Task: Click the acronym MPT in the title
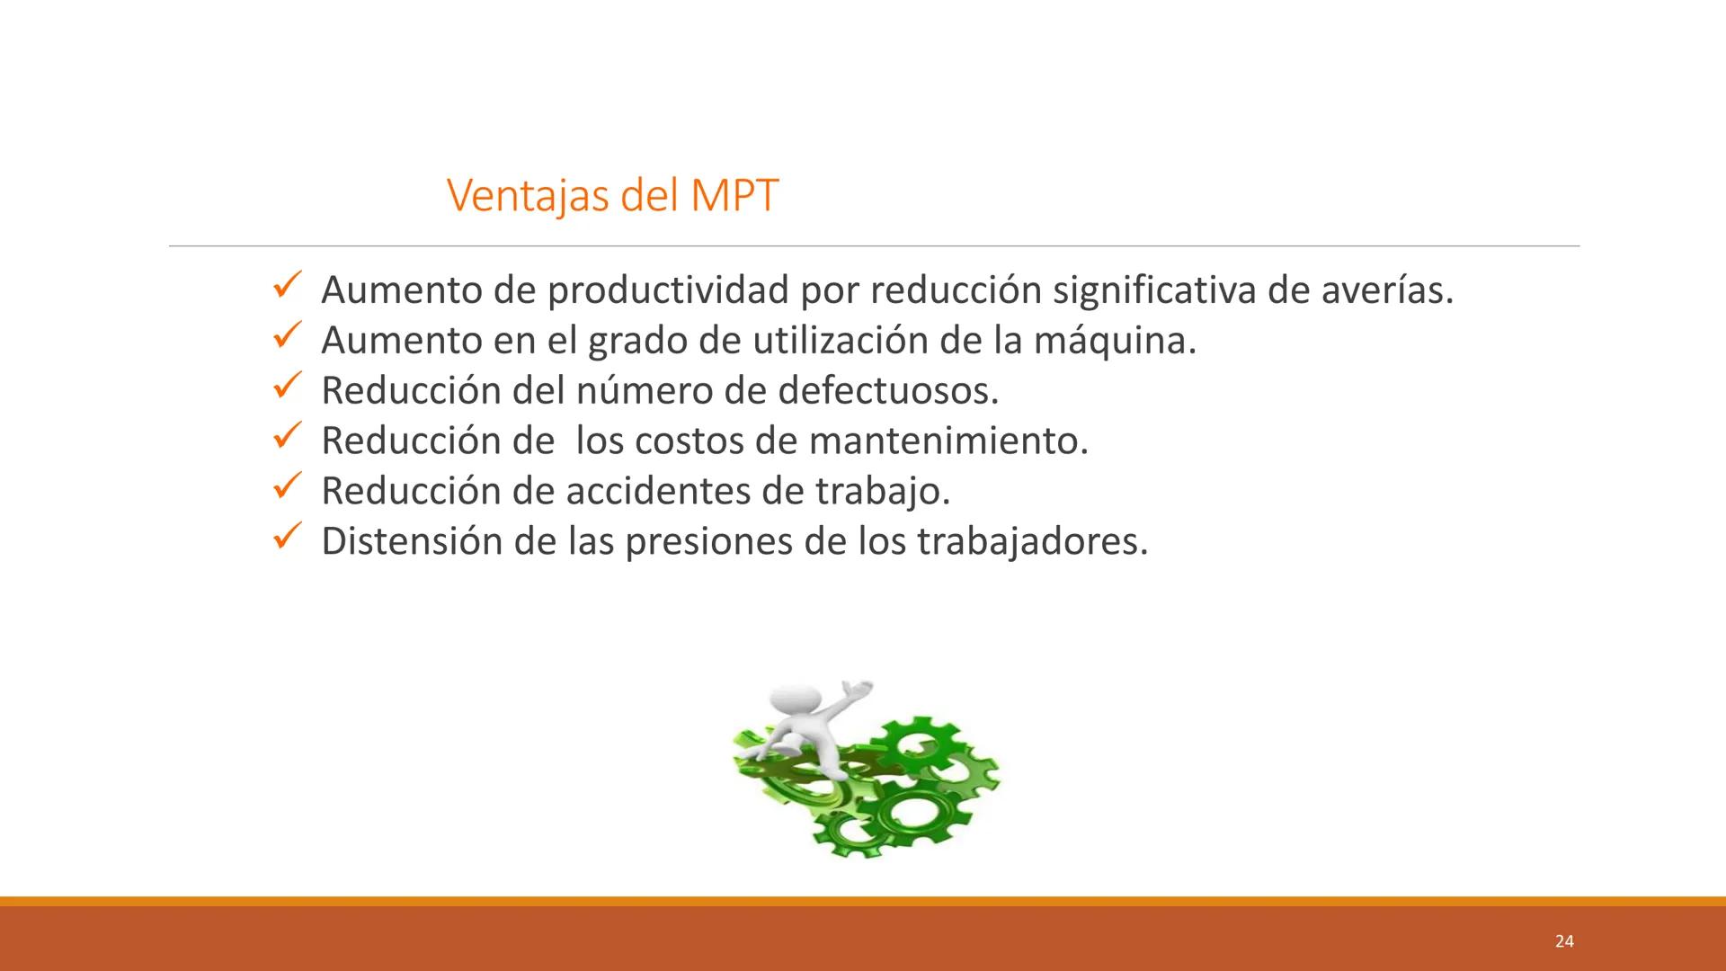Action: click(734, 195)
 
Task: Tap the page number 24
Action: click(1564, 941)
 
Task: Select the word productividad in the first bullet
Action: click(668, 290)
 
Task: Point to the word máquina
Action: click(1114, 341)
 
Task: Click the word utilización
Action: click(840, 341)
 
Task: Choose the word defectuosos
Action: click(887, 391)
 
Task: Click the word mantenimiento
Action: click(948, 441)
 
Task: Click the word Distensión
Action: click(411, 542)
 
